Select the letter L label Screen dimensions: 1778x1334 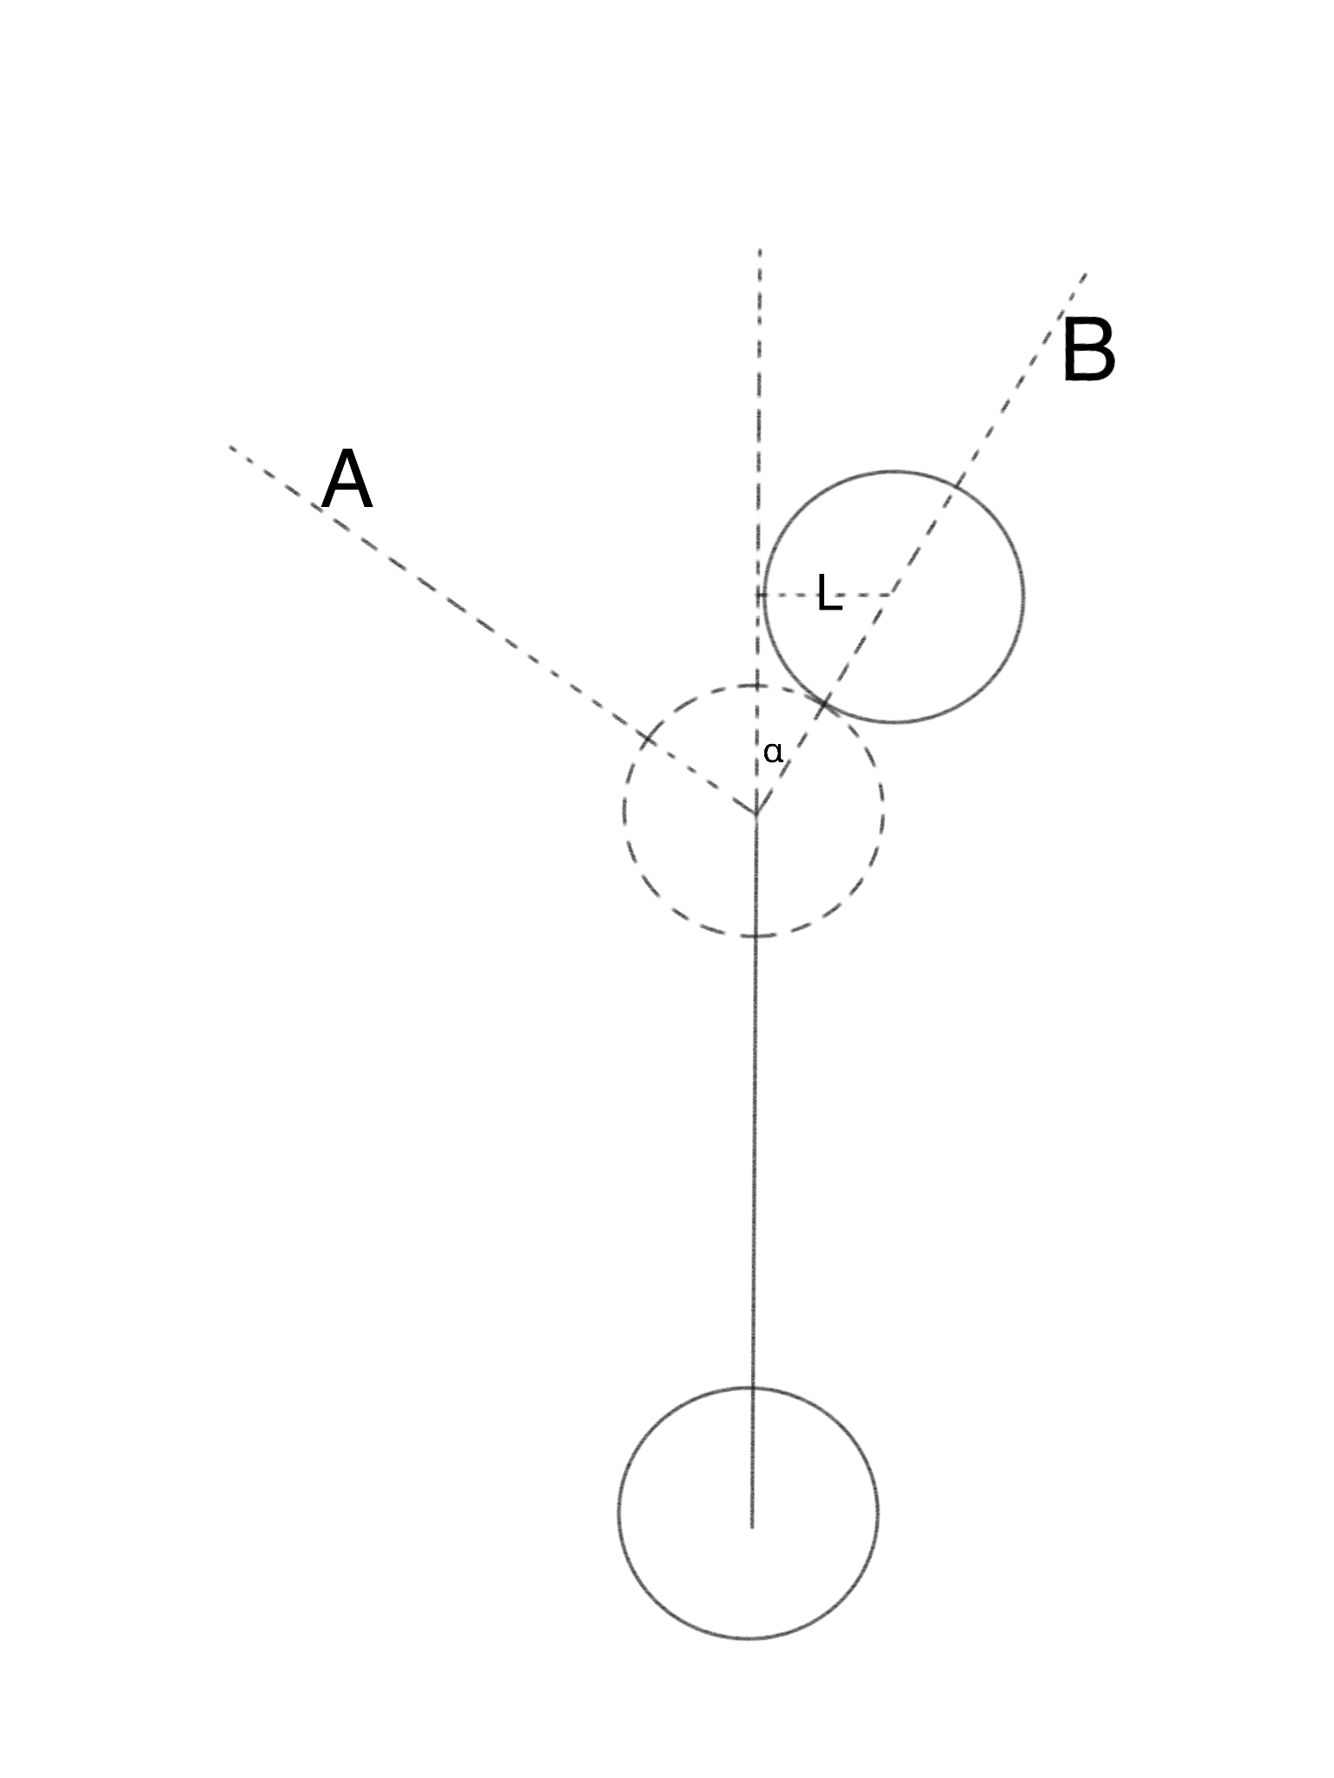[829, 595]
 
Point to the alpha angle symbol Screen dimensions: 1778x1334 [772, 752]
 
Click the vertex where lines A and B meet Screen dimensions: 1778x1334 [756, 813]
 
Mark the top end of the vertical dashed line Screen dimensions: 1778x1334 [760, 250]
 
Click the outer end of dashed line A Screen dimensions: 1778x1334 [231, 447]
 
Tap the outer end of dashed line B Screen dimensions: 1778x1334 [1086, 274]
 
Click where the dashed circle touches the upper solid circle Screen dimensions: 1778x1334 [824, 701]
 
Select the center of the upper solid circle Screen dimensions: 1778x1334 [892, 596]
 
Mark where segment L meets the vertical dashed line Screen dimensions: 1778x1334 [759, 595]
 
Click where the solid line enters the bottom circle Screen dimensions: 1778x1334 [752, 1388]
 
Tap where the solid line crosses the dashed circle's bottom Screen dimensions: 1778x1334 [755, 936]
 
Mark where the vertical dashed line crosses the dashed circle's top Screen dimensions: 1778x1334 [757, 686]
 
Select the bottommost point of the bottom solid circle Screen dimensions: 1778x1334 [749, 1638]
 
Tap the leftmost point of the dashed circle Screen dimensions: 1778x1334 [624, 812]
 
